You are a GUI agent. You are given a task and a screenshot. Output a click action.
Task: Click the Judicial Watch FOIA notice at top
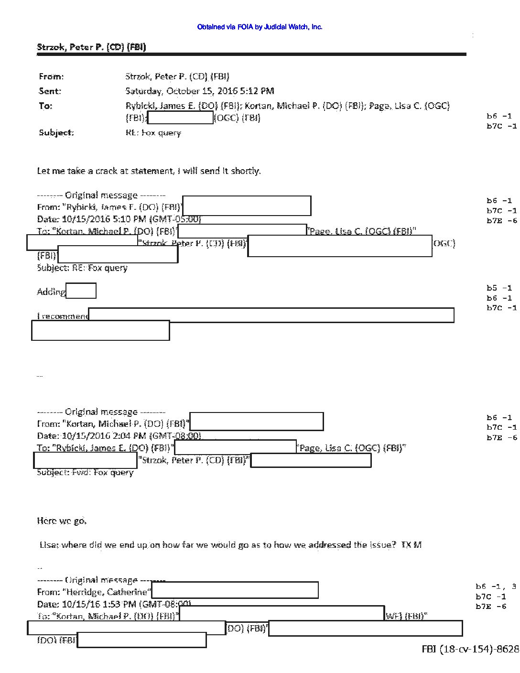[x=260, y=27]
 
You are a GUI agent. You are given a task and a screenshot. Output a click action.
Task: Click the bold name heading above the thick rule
[x=91, y=47]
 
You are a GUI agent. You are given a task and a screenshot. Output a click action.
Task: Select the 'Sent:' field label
[x=50, y=91]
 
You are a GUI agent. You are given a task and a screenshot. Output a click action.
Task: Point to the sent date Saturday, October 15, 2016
[x=200, y=91]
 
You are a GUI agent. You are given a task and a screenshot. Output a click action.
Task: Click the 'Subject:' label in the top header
[x=56, y=132]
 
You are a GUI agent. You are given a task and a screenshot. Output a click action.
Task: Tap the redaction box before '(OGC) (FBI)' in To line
[x=181, y=118]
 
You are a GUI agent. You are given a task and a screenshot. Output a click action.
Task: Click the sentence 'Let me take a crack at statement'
[x=149, y=171]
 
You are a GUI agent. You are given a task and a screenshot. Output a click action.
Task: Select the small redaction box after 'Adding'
[x=81, y=291]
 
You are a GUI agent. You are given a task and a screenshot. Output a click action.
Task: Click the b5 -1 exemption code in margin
[x=499, y=288]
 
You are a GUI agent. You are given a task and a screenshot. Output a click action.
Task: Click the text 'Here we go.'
[x=62, y=521]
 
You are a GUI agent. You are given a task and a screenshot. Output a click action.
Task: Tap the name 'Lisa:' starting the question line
[x=49, y=544]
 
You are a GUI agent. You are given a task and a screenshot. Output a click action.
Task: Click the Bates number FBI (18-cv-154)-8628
[x=470, y=649]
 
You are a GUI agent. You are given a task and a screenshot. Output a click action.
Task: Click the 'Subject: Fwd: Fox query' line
[x=85, y=472]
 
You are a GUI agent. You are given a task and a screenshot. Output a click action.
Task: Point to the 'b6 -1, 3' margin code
[x=495, y=586]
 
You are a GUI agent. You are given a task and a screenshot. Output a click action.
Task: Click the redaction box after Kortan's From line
[x=256, y=422]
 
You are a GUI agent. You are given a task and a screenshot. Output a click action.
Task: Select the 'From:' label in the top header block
[x=51, y=76]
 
